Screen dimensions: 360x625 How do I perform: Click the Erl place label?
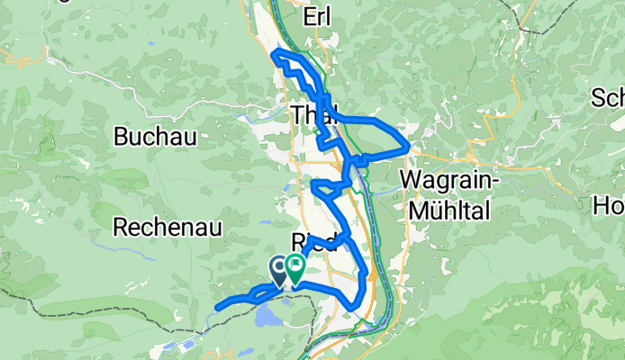[x=320, y=16]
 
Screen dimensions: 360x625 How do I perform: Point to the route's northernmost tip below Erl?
[x=274, y=55]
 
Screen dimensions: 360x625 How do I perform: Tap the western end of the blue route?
[x=218, y=308]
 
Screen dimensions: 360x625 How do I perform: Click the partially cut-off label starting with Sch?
[x=608, y=97]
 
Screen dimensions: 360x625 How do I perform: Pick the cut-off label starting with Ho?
[x=609, y=205]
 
